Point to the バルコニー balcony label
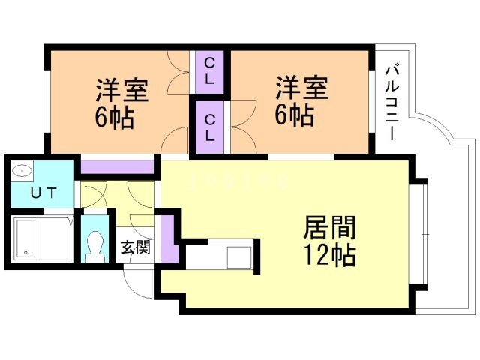pyautogui.click(x=391, y=102)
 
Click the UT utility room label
pyautogui.click(x=42, y=193)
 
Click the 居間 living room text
pyautogui.click(x=328, y=227)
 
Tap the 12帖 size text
pyautogui.click(x=329, y=255)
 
